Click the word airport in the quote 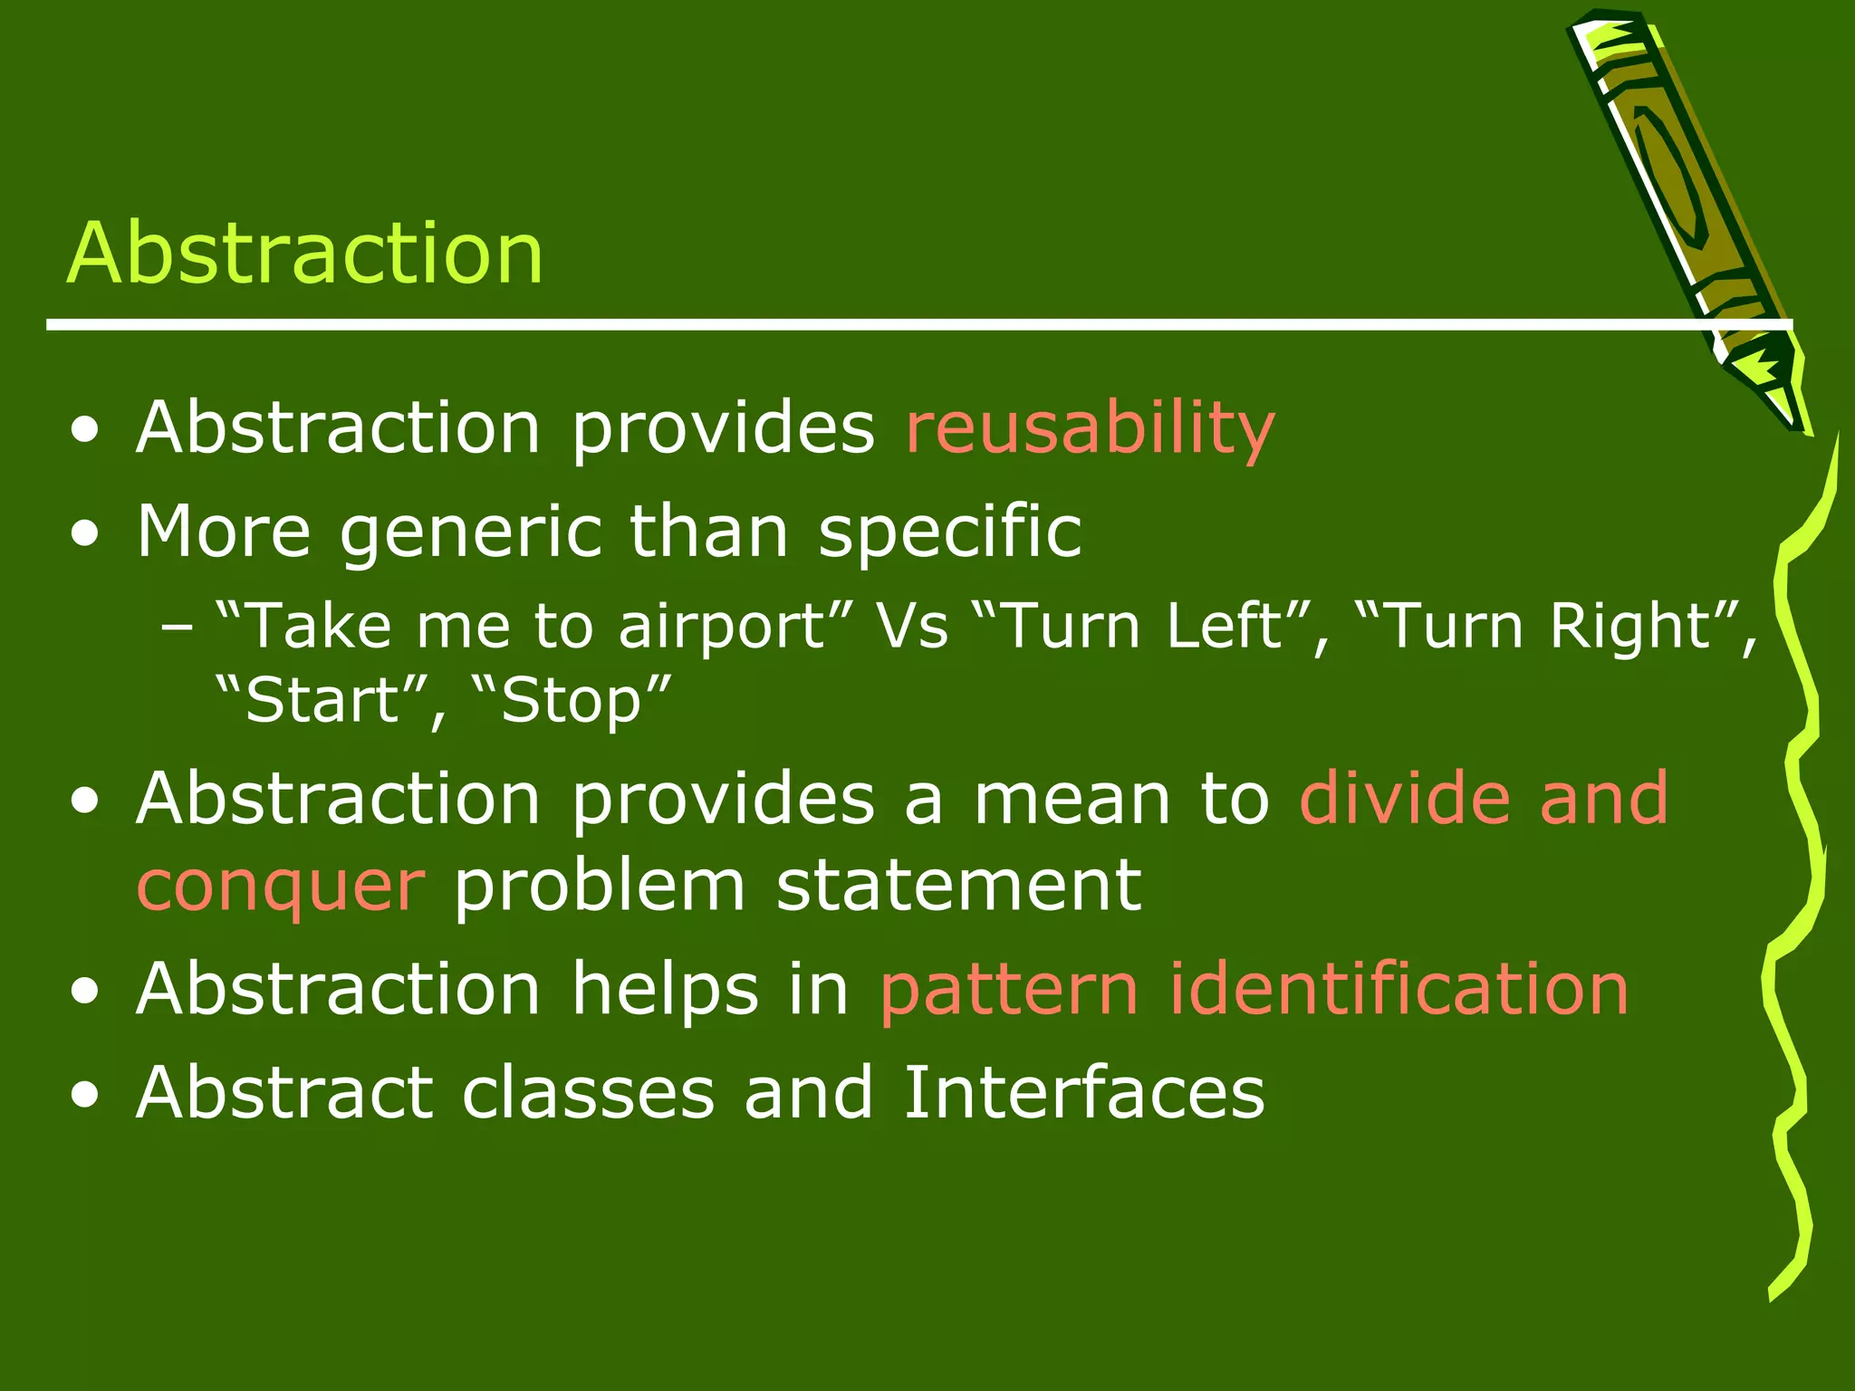tap(722, 627)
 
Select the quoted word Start tap(322, 701)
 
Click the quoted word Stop tap(571, 701)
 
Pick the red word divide tap(1404, 799)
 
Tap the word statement tap(958, 886)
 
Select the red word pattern tap(1008, 989)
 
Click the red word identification tap(1398, 989)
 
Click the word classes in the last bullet tap(589, 1093)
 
